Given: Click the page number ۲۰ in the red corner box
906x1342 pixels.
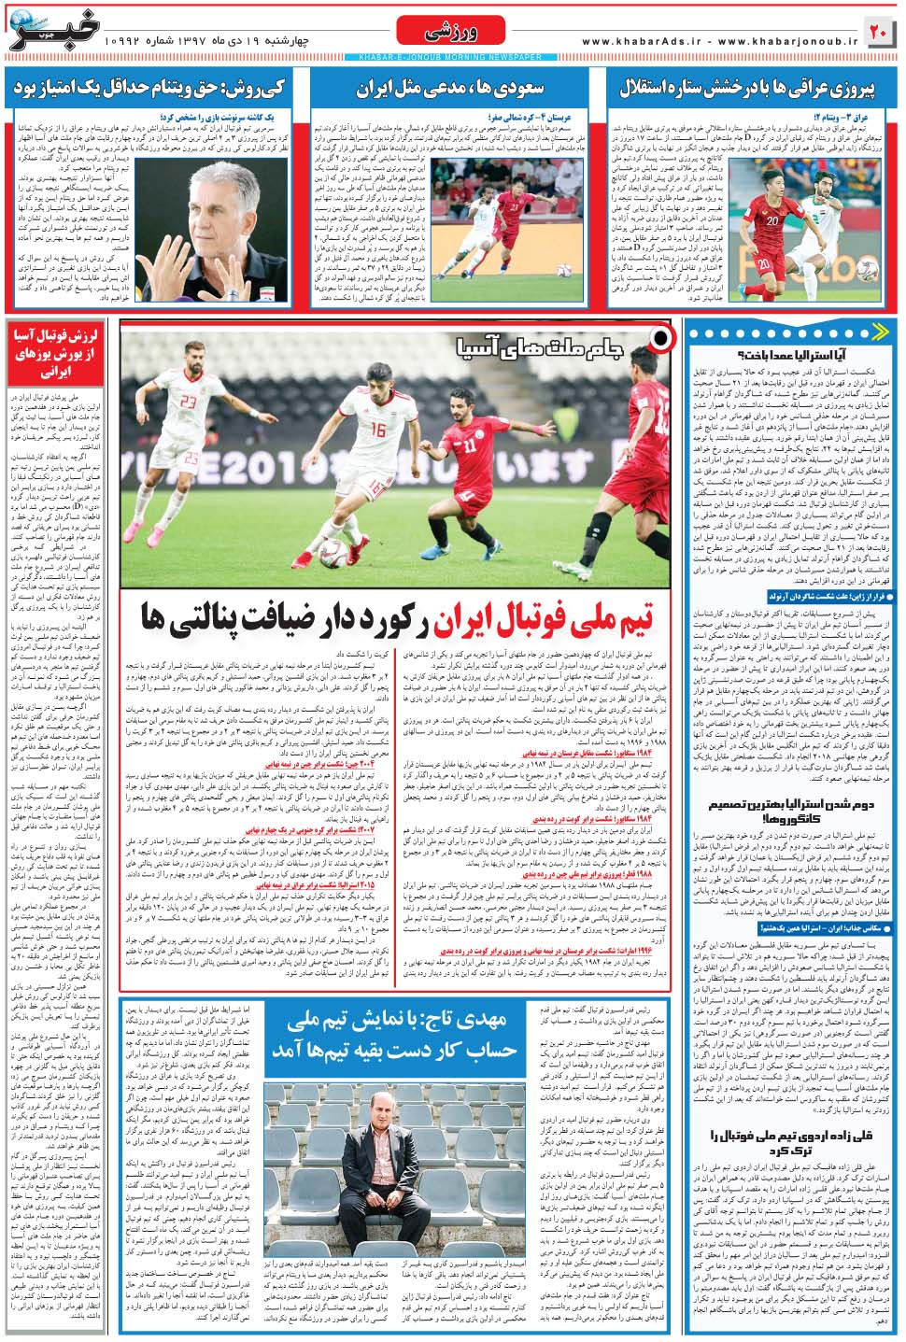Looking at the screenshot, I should (878, 31).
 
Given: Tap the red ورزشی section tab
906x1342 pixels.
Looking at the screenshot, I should (451, 31).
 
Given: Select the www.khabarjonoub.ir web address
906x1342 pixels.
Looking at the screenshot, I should (786, 42).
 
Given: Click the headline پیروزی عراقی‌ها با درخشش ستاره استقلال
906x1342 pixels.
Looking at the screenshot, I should (747, 89).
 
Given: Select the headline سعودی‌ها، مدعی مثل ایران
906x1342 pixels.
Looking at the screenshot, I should (449, 89).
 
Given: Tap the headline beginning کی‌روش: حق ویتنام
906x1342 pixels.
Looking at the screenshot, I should (149, 89).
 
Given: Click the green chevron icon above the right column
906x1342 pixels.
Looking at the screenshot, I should (879, 332).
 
